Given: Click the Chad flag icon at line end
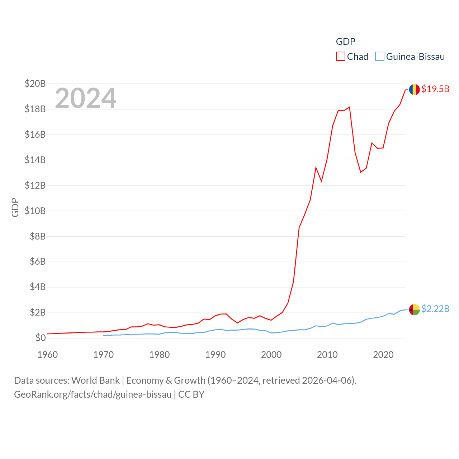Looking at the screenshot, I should (x=414, y=89).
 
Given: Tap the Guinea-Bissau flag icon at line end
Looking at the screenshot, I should (x=414, y=309).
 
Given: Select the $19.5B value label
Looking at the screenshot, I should (x=435, y=89).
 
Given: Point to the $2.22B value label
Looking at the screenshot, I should (x=435, y=309).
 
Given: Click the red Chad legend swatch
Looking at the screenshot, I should (x=340, y=57).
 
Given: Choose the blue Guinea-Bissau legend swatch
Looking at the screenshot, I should (x=379, y=57).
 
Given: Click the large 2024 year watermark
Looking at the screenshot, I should (x=86, y=98).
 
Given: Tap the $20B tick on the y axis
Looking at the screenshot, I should (x=35, y=84).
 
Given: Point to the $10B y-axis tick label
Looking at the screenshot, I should (x=35, y=211).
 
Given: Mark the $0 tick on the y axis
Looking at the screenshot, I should (x=41, y=338).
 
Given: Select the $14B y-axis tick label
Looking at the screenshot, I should (x=35, y=160).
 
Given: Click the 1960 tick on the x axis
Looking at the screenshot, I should (x=48, y=355).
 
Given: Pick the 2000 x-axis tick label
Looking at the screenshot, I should (x=271, y=355).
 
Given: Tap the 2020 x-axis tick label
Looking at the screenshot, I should (x=383, y=355).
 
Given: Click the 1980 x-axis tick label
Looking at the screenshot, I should (x=160, y=355).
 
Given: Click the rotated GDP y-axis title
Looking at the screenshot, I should (x=15, y=207).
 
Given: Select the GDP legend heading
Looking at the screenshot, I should (x=346, y=42).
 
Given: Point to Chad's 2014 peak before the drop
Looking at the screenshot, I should (x=349, y=107).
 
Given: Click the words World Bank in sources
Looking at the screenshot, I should (x=95, y=380).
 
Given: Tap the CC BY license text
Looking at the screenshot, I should (x=191, y=394).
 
